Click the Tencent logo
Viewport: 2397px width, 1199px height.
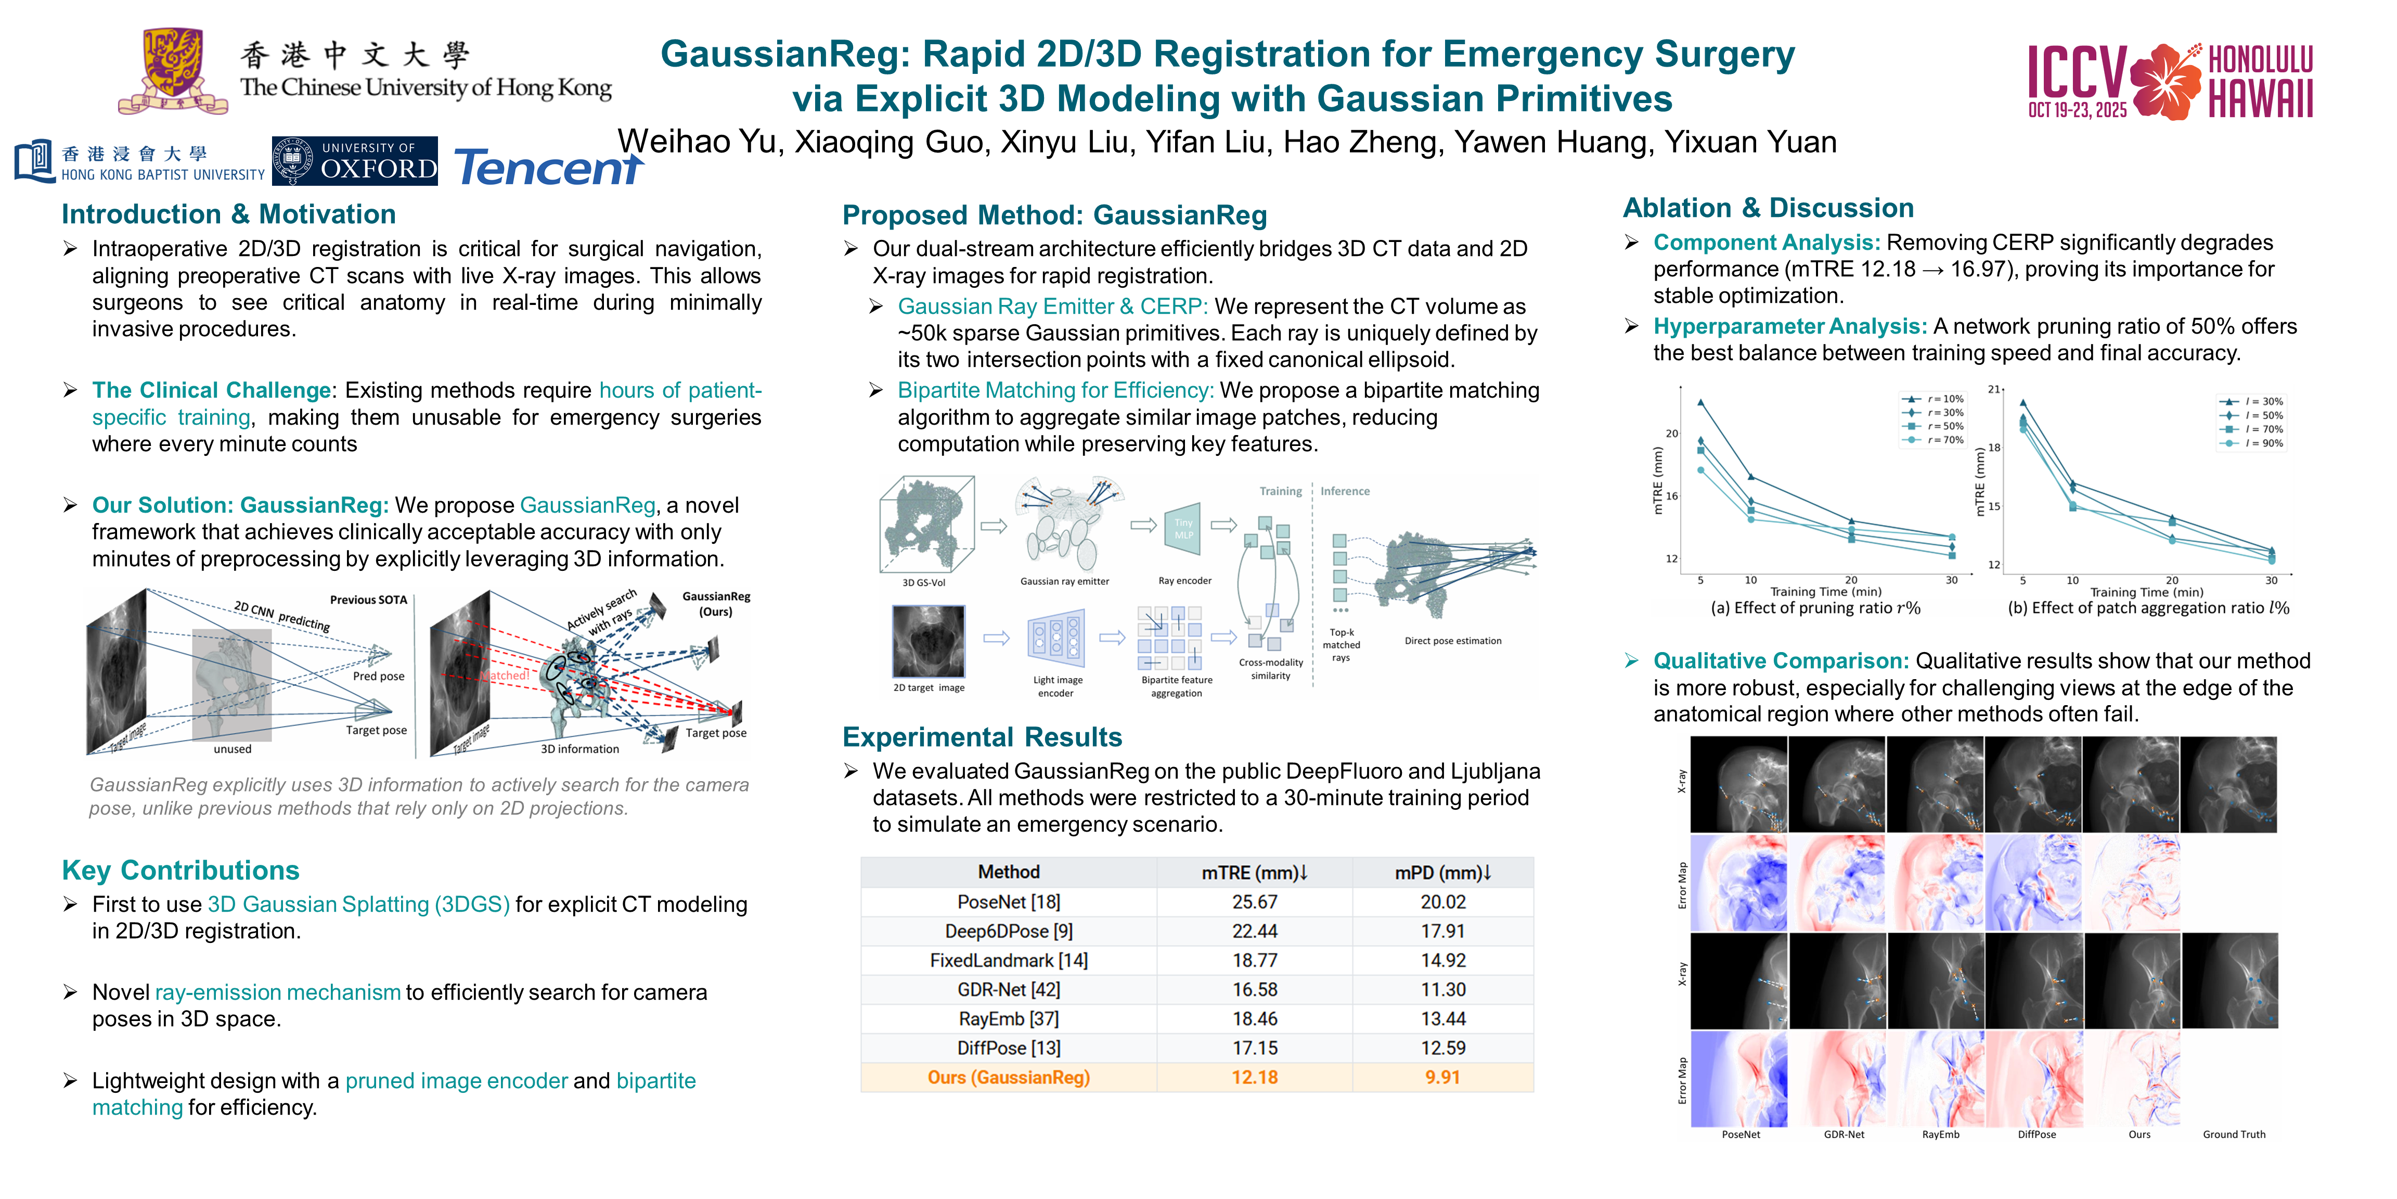click(548, 168)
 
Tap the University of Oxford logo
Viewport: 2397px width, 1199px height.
click(355, 161)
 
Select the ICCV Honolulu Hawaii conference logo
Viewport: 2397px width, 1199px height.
click(2170, 82)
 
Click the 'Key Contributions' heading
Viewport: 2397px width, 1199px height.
click(181, 871)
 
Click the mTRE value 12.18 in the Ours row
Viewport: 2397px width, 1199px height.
click(1254, 1078)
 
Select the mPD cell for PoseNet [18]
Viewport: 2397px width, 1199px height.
click(1442, 902)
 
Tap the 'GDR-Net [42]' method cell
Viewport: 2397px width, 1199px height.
click(1009, 990)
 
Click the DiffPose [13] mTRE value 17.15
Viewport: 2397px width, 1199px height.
click(1254, 1048)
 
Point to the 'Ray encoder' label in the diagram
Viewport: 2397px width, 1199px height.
click(1184, 581)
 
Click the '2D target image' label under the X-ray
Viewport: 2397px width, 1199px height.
click(929, 688)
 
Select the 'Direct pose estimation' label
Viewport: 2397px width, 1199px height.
click(1452, 641)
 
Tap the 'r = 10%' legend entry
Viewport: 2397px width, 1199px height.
click(1936, 399)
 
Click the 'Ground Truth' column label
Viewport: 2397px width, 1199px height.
click(2233, 1135)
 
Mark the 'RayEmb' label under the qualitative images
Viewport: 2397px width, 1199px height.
click(1940, 1135)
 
